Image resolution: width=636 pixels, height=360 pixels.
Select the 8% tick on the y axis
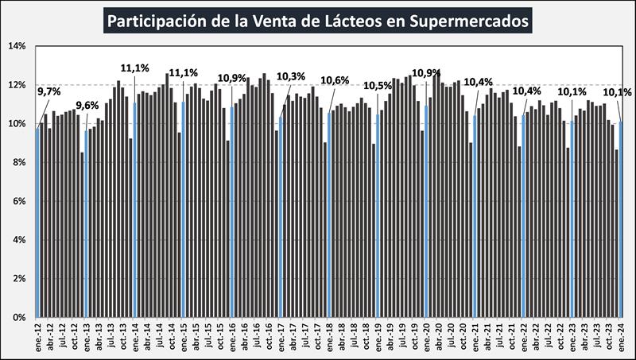pos(18,162)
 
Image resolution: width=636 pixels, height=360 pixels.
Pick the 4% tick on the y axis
pos(18,240)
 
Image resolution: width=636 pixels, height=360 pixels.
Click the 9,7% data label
pos(49,92)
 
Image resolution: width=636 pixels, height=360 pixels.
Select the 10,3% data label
pos(291,77)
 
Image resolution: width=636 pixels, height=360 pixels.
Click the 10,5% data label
pos(378,86)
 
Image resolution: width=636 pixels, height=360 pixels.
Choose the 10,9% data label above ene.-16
pos(232,78)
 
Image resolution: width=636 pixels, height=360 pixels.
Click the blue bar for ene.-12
pos(37,223)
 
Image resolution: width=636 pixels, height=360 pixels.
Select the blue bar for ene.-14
pos(135,210)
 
